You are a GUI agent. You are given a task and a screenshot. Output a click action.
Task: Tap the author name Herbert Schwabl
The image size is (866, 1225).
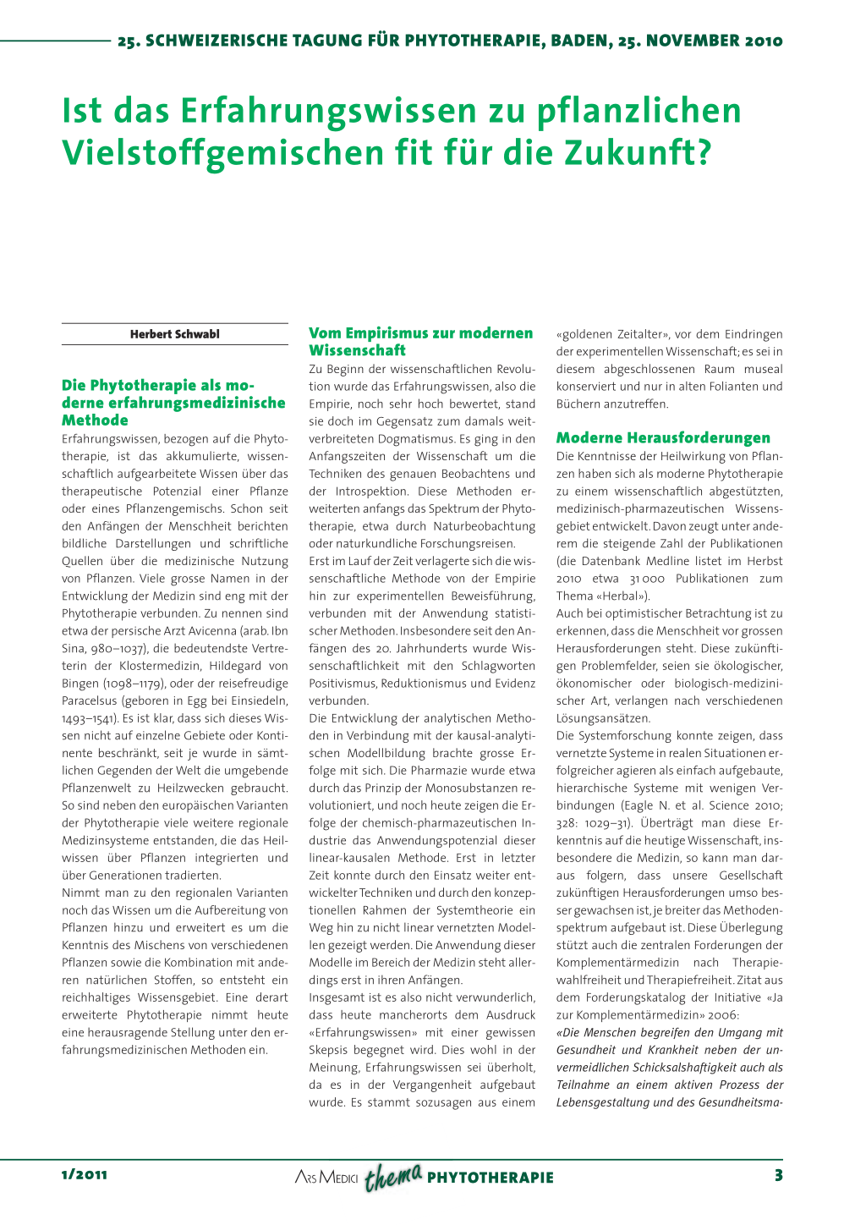pyautogui.click(x=174, y=334)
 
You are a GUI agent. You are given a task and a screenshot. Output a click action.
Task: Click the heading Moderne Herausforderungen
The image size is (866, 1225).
pyautogui.click(x=663, y=437)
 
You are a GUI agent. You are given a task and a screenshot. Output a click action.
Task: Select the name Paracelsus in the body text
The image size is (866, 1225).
pyautogui.click(x=90, y=701)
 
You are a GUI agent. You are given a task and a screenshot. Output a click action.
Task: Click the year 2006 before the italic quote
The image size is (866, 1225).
pyautogui.click(x=722, y=1015)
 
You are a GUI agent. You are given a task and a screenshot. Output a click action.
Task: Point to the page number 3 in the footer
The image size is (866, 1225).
pyautogui.click(x=778, y=1174)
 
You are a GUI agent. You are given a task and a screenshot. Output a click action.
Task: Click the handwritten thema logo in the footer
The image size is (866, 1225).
pyautogui.click(x=392, y=1176)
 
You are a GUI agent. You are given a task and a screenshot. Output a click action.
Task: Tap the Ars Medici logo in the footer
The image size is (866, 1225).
pyautogui.click(x=326, y=1178)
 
